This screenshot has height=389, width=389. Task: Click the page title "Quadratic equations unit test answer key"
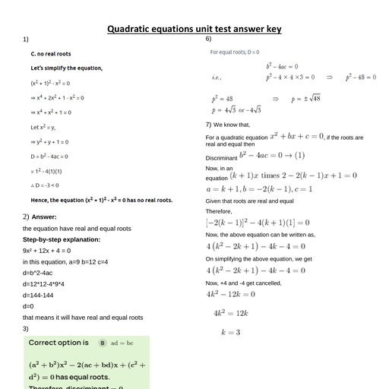tap(194, 29)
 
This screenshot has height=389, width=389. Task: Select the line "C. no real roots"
tap(51, 54)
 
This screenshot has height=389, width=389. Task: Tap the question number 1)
tap(26, 39)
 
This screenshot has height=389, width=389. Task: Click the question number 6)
tap(208, 39)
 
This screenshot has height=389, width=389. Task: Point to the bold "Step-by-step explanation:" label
tap(62, 239)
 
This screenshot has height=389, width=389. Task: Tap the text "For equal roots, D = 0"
tap(235, 52)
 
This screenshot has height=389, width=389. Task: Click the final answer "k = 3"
tap(230, 332)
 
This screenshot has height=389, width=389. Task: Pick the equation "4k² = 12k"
tap(232, 313)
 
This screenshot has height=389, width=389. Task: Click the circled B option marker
tap(103, 343)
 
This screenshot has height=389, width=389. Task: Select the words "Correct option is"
tap(59, 343)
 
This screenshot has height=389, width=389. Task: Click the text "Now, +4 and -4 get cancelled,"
tap(243, 283)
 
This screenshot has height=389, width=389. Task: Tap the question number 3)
tap(26, 328)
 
